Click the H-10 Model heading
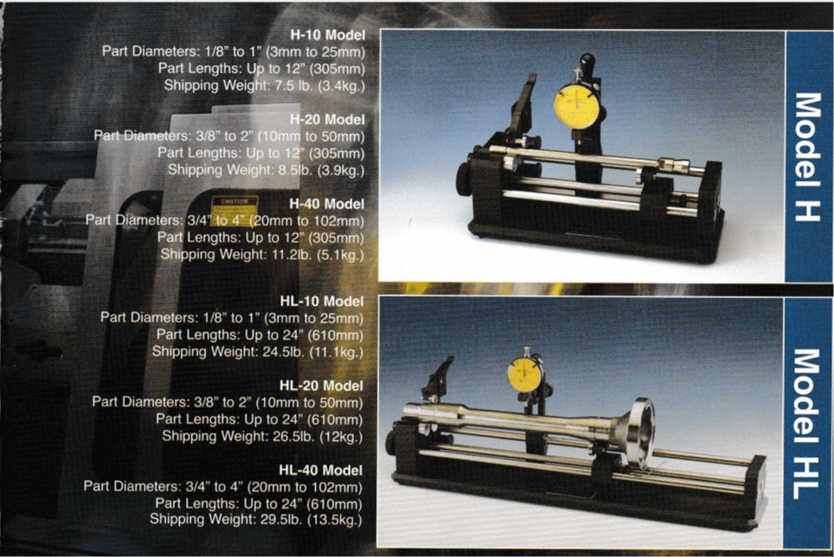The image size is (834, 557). (x=328, y=35)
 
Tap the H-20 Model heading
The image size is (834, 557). (x=328, y=120)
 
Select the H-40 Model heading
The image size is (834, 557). (x=326, y=204)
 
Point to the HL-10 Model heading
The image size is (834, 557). (x=322, y=301)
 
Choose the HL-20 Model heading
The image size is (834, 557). (x=321, y=385)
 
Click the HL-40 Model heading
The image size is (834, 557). (x=321, y=470)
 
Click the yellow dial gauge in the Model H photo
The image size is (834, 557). (x=576, y=106)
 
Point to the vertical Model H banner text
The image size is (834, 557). (x=808, y=156)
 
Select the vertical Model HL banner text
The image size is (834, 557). (x=806, y=423)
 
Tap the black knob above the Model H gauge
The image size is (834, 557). (x=587, y=65)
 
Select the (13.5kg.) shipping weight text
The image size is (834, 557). (x=335, y=520)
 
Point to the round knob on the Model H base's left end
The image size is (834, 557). (x=463, y=178)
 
